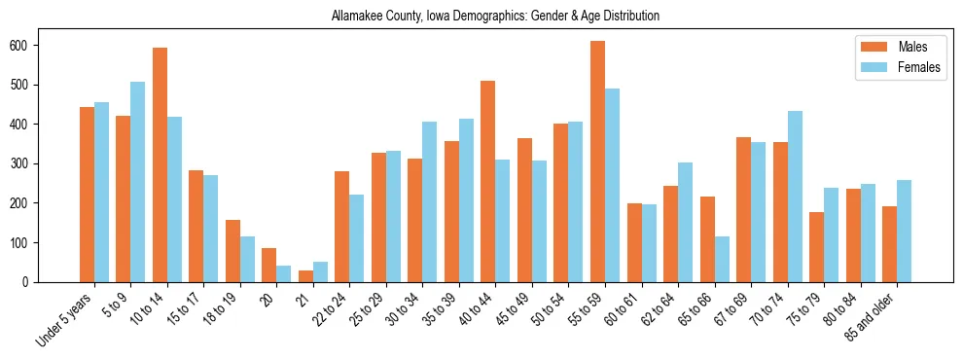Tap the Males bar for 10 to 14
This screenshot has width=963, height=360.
[x=160, y=164]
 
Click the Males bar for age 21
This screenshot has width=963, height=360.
[x=305, y=276]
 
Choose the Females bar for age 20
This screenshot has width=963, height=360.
[x=284, y=273]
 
